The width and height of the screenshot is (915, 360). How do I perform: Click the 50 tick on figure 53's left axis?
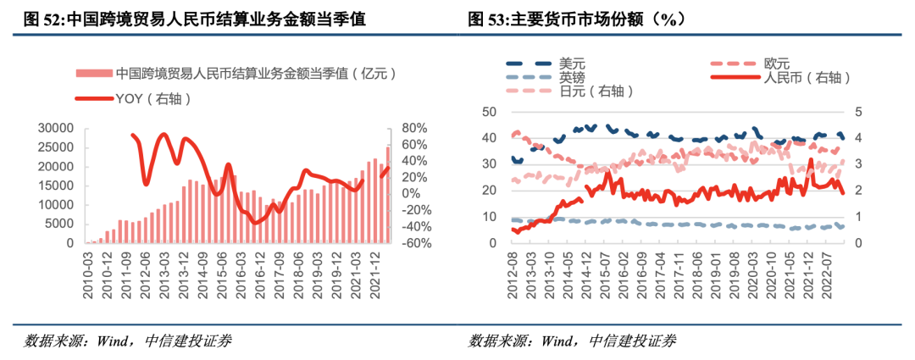point(488,112)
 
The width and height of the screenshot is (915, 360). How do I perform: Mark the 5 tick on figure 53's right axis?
point(858,112)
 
